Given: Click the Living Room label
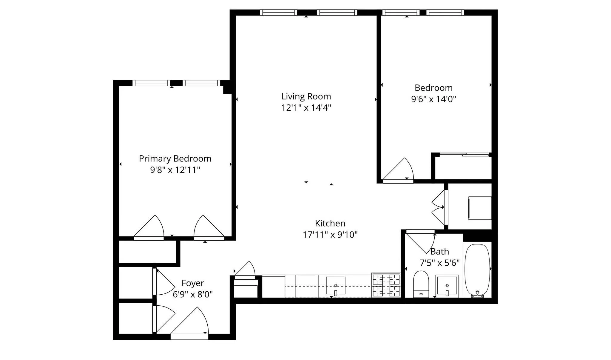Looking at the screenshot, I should click(x=306, y=96).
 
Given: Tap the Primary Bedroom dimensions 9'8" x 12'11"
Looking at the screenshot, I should click(x=175, y=170).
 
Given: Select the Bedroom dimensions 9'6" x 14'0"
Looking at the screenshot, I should click(x=433, y=99).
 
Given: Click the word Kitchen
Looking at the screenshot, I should click(x=330, y=223).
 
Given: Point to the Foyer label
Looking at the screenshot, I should click(x=193, y=283).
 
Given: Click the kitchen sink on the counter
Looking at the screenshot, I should click(x=336, y=285).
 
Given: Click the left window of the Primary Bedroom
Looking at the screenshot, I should click(x=151, y=83).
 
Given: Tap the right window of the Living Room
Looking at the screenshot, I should click(x=337, y=13).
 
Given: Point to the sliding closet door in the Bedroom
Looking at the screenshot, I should click(x=464, y=154).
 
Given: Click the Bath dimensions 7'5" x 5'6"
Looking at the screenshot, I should click(x=439, y=263).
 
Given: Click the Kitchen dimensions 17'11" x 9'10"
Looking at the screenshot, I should click(x=330, y=235).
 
